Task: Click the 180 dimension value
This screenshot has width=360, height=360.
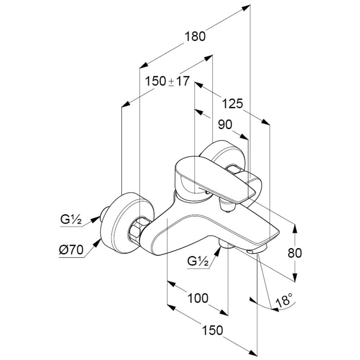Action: pyautogui.click(x=195, y=36)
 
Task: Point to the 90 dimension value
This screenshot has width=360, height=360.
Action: pyautogui.click(x=225, y=125)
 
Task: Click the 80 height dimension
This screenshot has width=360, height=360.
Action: pyautogui.click(x=295, y=253)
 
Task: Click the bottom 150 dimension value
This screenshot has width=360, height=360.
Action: pyautogui.click(x=212, y=330)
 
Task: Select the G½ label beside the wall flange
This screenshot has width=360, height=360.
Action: pyautogui.click(x=71, y=219)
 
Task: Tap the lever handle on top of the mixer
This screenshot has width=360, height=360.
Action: pyautogui.click(x=216, y=178)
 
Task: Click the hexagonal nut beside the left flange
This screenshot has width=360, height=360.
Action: pyautogui.click(x=137, y=230)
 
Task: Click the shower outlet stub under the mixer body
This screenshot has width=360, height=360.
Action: pyautogui.click(x=225, y=245)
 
